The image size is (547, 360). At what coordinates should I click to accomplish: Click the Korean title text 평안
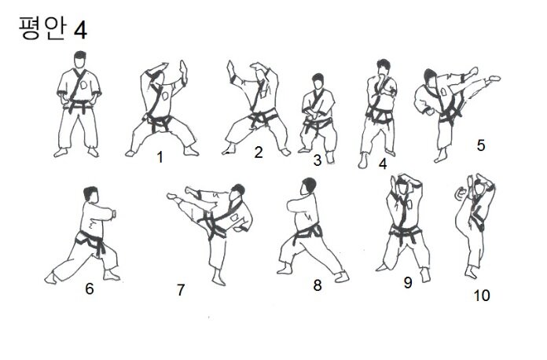42,28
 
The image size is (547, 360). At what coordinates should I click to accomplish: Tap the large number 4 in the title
80,30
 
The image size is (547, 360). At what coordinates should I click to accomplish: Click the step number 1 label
160,157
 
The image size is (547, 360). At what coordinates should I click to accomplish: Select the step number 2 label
258,152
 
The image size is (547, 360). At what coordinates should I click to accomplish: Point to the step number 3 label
317,160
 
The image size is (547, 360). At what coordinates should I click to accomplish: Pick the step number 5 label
481,145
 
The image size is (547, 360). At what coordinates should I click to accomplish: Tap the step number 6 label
90,288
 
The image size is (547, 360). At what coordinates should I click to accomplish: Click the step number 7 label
180,290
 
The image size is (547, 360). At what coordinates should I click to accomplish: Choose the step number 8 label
317,285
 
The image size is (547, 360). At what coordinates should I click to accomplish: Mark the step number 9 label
408,282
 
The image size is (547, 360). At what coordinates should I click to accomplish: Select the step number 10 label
482,296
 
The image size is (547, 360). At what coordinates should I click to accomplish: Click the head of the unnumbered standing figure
80,60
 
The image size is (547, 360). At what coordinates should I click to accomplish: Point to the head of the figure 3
318,82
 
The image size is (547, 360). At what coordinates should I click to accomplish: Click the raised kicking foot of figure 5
494,78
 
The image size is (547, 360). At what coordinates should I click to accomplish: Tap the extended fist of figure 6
113,213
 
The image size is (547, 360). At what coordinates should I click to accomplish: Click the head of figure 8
308,186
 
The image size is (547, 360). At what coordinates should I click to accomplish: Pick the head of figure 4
383,68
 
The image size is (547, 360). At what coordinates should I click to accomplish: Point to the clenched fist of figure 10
461,193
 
